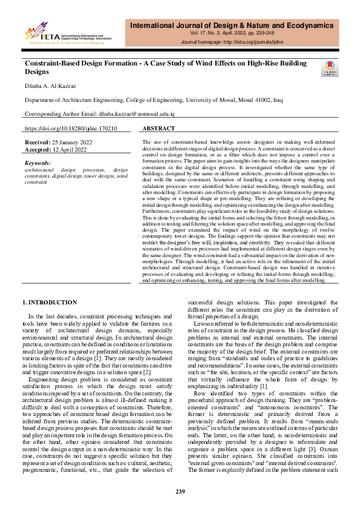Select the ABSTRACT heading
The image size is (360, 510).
coord(159,129)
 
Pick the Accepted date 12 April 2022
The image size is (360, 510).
coord(73,149)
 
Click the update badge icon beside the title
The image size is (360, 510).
coord(328,69)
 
